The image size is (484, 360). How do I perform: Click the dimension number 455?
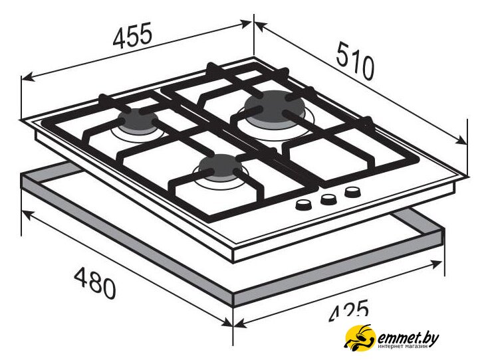tap(133, 35)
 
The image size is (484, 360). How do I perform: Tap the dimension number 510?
tap(355, 61)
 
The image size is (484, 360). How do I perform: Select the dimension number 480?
tap(95, 283)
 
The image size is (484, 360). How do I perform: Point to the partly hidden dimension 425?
tap(349, 309)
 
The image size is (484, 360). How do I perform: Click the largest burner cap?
tap(274, 107)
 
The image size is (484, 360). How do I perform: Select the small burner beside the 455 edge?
tap(138, 121)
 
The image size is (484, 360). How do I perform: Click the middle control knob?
tap(328, 199)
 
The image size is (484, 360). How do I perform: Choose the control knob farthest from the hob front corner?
tap(352, 192)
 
